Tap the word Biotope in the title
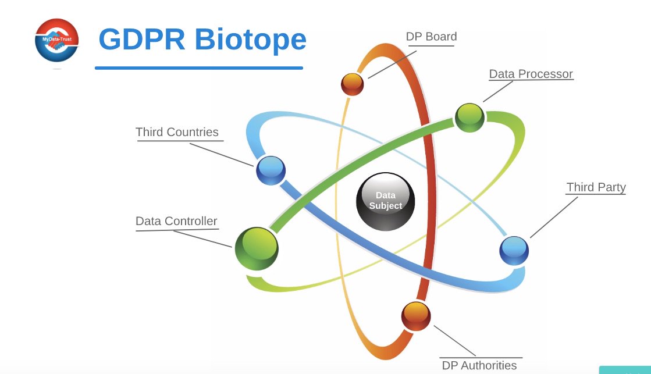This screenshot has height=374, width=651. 250,40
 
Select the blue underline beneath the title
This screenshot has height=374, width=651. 199,68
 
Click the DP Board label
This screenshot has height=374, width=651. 431,37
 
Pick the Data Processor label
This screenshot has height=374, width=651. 531,74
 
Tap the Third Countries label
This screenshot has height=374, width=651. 177,132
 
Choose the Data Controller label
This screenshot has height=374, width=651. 176,221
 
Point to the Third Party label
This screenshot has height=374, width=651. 596,187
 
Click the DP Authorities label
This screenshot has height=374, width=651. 479,365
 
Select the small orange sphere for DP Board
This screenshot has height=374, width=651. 353,84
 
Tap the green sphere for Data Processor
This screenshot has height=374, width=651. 469,117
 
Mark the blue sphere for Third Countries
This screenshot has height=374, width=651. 271,170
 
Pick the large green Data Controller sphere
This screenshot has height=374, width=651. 257,249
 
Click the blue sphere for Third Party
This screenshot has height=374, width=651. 514,251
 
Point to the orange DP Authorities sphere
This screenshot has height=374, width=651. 416,316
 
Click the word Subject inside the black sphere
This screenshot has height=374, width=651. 386,206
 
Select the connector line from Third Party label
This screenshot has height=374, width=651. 554,217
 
